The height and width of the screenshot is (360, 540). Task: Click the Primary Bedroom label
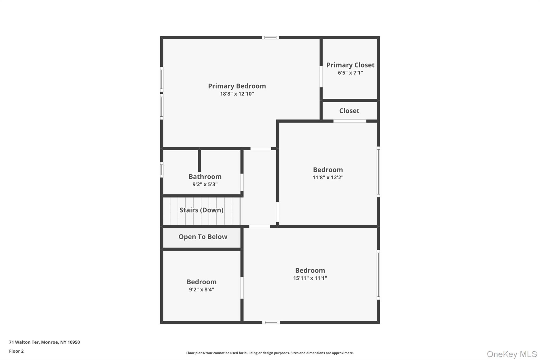(237, 86)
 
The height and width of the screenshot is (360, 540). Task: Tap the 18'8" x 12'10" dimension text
(237, 94)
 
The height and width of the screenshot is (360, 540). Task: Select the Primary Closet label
(350, 65)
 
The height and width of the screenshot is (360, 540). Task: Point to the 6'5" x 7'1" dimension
(350, 73)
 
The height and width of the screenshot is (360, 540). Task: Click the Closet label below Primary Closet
(349, 111)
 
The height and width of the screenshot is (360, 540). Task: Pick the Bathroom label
(205, 176)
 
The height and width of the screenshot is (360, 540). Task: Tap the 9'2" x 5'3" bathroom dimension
(205, 184)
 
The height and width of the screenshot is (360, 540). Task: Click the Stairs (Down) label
(201, 210)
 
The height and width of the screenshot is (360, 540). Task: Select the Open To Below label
(203, 237)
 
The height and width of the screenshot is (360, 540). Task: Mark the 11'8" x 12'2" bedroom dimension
(328, 177)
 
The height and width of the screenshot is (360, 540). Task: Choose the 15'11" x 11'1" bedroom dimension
(310, 278)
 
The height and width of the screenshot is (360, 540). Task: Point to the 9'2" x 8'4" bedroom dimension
(201, 289)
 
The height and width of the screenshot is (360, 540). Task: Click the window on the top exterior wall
(270, 38)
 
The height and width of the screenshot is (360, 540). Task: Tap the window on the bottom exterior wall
(271, 322)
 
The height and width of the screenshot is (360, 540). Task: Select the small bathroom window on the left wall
(162, 170)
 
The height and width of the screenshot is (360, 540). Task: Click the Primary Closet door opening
(321, 76)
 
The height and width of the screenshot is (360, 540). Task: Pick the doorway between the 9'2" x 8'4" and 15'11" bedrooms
(242, 288)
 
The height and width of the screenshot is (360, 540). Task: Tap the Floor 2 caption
(16, 351)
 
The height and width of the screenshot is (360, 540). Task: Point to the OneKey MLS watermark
(512, 354)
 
